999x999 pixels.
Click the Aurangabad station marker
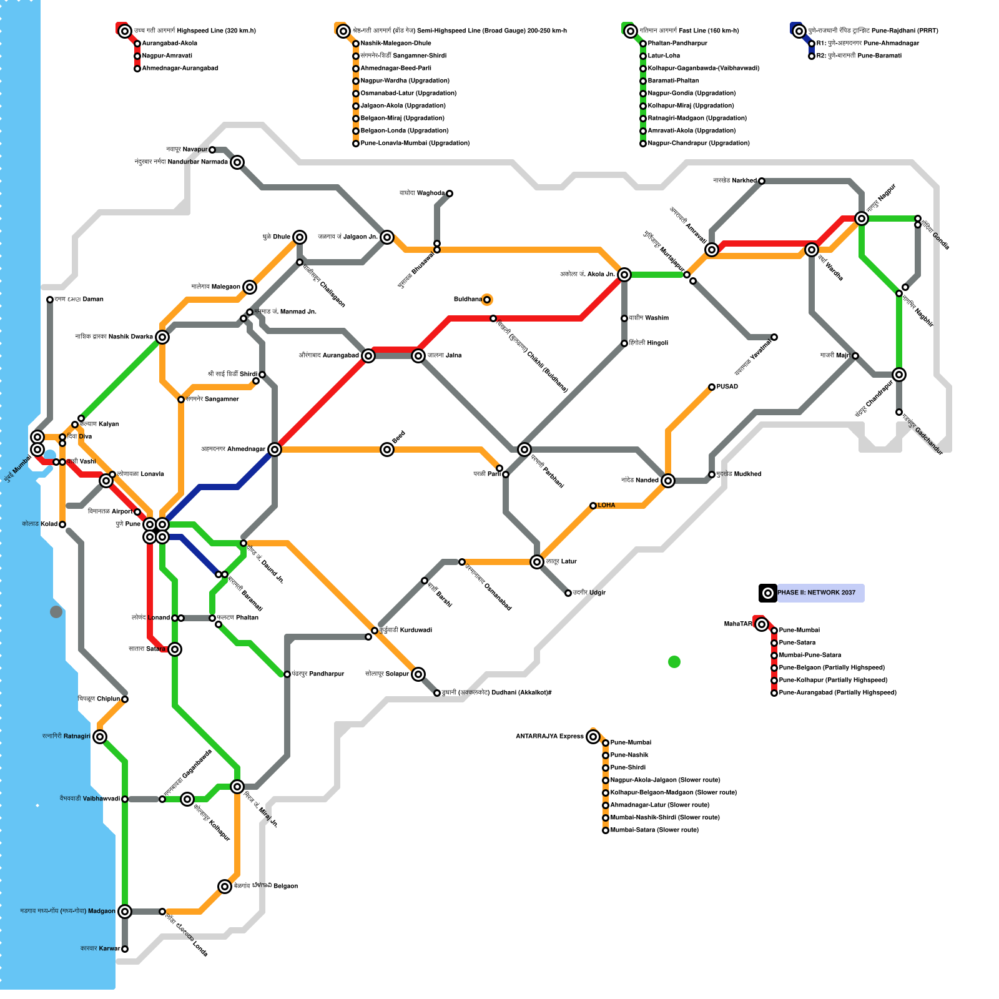tap(368, 356)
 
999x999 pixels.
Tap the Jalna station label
tap(445, 356)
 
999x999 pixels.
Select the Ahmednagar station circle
tap(275, 450)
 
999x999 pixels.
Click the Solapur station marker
tap(418, 674)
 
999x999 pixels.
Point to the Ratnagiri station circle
tap(100, 737)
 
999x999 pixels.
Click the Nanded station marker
tap(668, 481)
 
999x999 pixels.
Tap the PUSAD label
tap(727, 387)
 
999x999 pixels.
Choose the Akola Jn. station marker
tap(624, 275)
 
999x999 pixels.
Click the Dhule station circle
tap(300, 237)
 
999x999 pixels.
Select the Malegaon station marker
tap(250, 287)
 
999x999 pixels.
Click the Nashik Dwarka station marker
tap(162, 337)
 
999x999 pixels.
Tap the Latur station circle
tap(537, 562)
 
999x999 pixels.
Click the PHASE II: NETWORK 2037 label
tap(816, 593)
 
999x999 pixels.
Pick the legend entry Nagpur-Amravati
tap(167, 56)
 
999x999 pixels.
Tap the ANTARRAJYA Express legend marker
tap(593, 737)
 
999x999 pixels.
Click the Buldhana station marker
tap(487, 300)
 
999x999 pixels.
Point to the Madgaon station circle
tap(125, 912)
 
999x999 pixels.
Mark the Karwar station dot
tap(125, 949)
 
